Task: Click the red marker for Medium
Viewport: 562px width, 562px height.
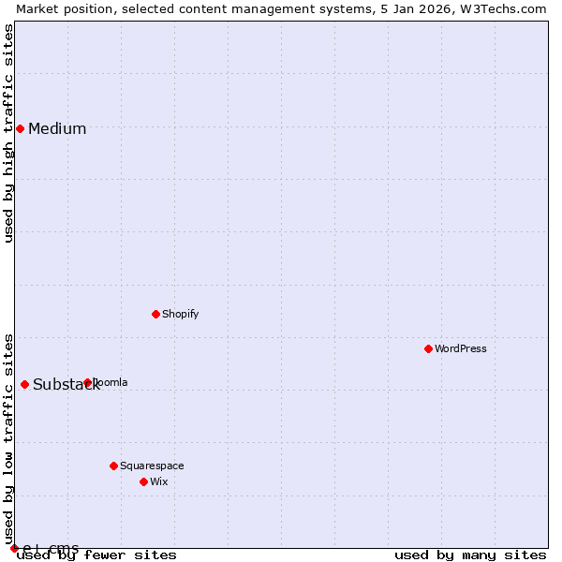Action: [20, 128]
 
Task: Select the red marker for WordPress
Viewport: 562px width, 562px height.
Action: [428, 348]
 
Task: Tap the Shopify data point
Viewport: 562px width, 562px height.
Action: [155, 314]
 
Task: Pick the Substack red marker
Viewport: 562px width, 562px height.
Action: [24, 384]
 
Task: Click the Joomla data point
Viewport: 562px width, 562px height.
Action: [87, 382]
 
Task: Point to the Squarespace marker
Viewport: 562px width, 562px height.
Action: [113, 466]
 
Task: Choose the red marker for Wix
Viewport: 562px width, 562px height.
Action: [143, 481]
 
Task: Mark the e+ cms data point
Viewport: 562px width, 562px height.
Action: [14, 548]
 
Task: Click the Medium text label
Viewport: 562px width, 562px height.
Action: [57, 129]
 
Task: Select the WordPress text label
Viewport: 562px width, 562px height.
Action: [461, 348]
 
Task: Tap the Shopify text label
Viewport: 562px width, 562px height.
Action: [181, 314]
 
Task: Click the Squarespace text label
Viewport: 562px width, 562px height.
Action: [152, 466]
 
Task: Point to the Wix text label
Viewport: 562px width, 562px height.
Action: [159, 481]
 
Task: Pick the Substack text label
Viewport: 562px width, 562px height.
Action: [66, 385]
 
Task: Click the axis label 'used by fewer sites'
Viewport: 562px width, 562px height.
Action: [97, 555]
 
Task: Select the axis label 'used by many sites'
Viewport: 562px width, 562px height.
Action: [470, 555]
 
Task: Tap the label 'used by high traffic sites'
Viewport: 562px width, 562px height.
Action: [8, 133]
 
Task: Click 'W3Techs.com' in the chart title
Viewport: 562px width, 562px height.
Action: [500, 8]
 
